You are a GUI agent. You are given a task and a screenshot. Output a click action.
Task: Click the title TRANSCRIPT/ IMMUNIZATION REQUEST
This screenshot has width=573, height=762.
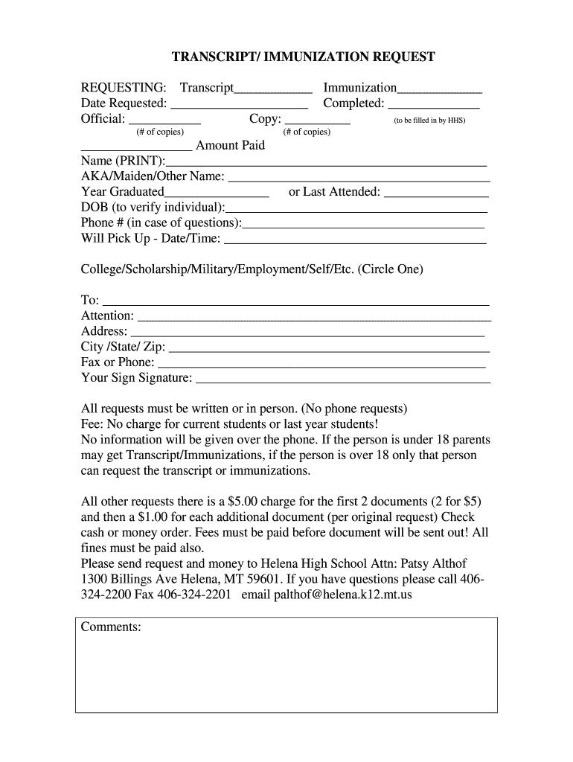304,57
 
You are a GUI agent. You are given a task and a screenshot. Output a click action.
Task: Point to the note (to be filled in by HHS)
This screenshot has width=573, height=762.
429,121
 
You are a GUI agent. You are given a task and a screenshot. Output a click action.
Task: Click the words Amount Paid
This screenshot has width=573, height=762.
230,145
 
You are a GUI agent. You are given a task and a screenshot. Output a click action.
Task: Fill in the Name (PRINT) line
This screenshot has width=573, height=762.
327,163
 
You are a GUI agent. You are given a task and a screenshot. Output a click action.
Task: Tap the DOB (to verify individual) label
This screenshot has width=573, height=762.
152,208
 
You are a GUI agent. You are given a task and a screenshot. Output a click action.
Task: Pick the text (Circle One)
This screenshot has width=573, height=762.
390,269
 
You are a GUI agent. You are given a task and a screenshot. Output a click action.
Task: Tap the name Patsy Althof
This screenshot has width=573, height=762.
430,563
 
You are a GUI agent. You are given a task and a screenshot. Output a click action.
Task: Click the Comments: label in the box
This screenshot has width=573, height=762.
111,627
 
